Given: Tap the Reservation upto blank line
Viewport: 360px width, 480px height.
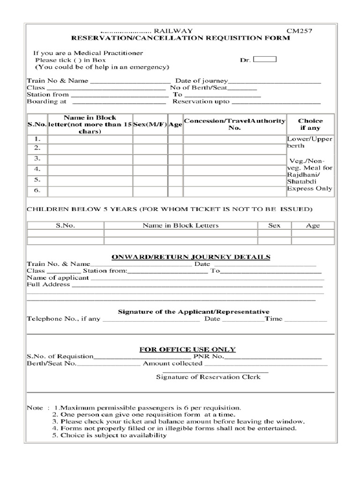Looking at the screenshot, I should [x=276, y=102].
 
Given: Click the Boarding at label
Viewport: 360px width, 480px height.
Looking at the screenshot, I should [x=46, y=101].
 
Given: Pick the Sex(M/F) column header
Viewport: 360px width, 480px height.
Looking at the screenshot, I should [x=150, y=125].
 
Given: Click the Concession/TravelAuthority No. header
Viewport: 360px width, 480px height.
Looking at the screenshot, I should [x=234, y=124].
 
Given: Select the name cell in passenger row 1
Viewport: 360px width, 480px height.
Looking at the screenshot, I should [x=90, y=139].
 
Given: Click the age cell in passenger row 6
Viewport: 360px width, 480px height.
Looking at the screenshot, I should [x=175, y=191].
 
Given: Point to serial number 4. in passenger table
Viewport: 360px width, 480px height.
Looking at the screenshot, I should [x=37, y=169].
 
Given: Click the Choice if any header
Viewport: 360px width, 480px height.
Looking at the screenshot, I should [x=310, y=124].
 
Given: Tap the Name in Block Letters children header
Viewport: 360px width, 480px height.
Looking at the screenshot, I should [x=180, y=225].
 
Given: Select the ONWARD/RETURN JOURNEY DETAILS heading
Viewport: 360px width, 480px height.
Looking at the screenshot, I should [x=190, y=257].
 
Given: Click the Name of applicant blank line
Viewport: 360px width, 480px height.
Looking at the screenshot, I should [x=206, y=278].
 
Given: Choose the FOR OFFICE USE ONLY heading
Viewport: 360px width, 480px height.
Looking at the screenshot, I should [x=187, y=350].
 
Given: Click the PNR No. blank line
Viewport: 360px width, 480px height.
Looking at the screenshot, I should [x=276, y=357].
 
